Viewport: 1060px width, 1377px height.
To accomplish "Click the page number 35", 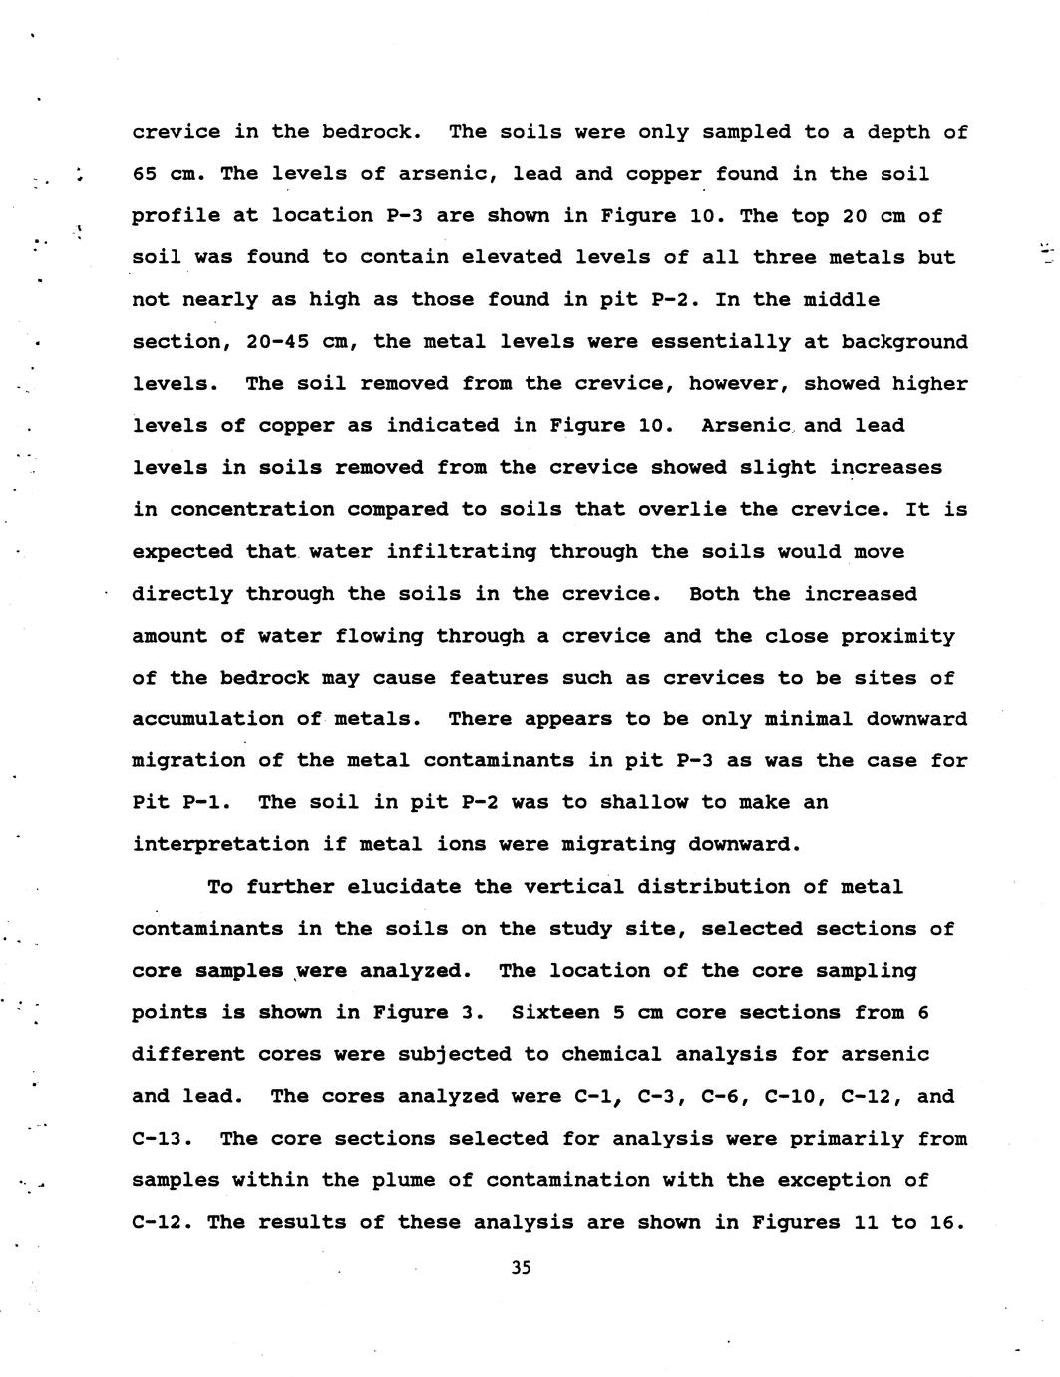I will (521, 1268).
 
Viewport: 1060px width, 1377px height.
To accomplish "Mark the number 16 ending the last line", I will (947, 1222).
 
